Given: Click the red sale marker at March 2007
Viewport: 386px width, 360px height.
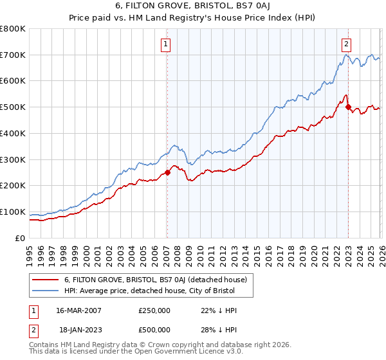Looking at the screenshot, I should pyautogui.click(x=167, y=172).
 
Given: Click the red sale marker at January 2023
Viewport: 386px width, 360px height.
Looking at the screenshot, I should pyautogui.click(x=348, y=107).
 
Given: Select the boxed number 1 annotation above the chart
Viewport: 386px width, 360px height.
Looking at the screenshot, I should pyautogui.click(x=166, y=44).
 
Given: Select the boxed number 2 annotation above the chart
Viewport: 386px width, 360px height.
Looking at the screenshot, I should pyautogui.click(x=346, y=44).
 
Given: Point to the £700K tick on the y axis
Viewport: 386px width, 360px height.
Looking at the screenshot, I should pyautogui.click(x=13, y=55).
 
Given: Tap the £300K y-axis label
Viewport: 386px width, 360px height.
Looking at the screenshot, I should pyautogui.click(x=13, y=159).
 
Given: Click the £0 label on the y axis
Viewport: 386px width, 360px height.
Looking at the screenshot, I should pyautogui.click(x=20, y=238).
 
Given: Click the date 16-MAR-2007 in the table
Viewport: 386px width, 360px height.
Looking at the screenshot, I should pyautogui.click(x=78, y=310).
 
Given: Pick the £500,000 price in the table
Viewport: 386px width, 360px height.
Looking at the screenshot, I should pyautogui.click(x=154, y=329).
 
